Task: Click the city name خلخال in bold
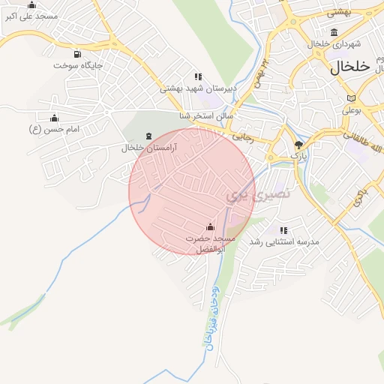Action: tap(350, 66)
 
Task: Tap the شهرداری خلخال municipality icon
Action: tap(334, 32)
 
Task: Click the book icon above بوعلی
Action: tap(351, 98)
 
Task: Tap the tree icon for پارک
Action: tap(299, 144)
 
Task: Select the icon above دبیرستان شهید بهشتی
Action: tap(198, 76)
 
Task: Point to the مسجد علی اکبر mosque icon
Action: tap(31, 4)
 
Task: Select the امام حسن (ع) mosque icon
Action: tap(53, 118)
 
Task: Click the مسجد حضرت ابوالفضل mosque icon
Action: tap(210, 227)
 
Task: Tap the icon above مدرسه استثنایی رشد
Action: tap(283, 230)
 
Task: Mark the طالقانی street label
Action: tap(356, 138)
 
